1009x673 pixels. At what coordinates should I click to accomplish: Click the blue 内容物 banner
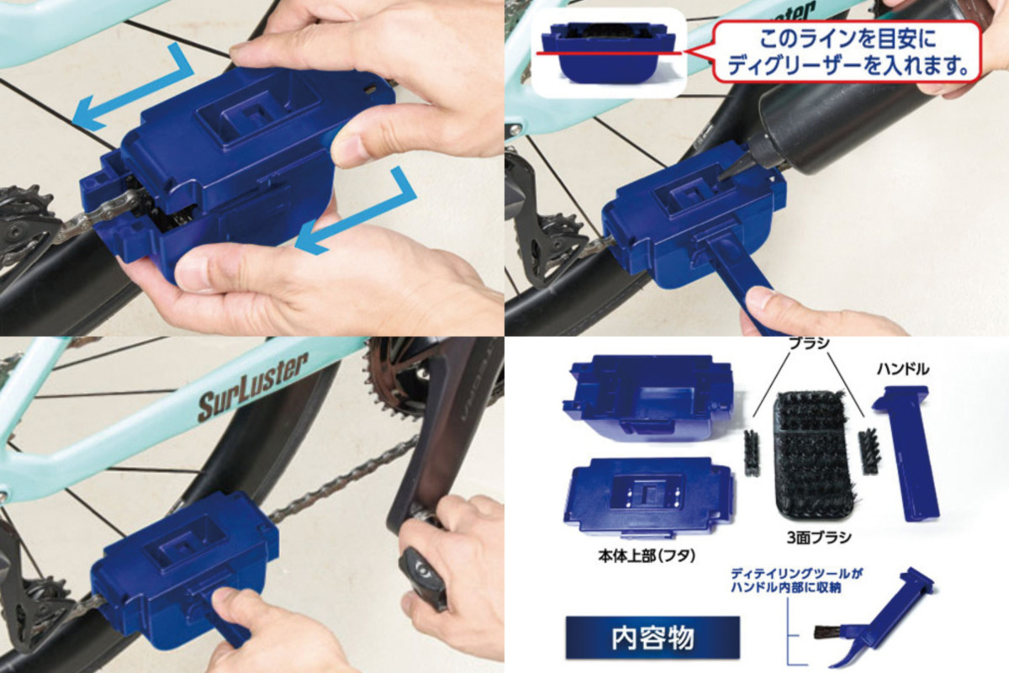click(x=652, y=638)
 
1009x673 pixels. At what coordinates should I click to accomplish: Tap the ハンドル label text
click(x=903, y=369)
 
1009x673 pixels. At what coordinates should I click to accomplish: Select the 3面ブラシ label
click(x=819, y=538)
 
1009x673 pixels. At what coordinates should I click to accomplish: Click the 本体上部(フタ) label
click(x=647, y=556)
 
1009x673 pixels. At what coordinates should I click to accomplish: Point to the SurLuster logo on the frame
click(x=253, y=387)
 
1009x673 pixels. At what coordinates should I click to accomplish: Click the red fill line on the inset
click(x=609, y=53)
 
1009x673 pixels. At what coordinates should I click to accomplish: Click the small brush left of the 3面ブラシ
click(x=751, y=452)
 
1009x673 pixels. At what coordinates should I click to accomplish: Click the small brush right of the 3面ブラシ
click(x=868, y=451)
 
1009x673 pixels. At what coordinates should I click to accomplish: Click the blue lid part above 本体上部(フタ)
click(x=648, y=497)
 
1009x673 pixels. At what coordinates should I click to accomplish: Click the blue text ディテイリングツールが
click(x=796, y=574)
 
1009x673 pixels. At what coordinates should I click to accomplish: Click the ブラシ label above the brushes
click(x=809, y=344)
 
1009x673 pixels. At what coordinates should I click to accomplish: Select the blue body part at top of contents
click(x=648, y=397)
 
